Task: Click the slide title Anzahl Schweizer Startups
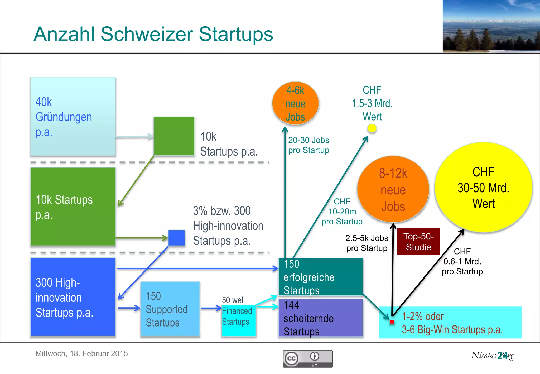click(x=153, y=34)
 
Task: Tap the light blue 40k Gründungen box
click(x=73, y=116)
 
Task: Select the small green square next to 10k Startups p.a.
click(x=174, y=136)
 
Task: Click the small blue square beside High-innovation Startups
click(x=176, y=238)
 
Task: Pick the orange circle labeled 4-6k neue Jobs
click(x=295, y=103)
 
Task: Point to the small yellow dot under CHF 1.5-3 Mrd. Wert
click(x=372, y=128)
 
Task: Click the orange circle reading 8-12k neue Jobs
click(x=393, y=189)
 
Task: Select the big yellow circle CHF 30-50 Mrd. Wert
click(x=483, y=188)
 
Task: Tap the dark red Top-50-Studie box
click(x=418, y=242)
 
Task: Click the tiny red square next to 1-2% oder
click(x=392, y=322)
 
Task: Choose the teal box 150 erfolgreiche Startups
click(x=321, y=277)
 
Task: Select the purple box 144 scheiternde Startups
click(x=321, y=318)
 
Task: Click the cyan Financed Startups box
click(x=238, y=320)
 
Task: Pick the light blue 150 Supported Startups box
click(x=170, y=309)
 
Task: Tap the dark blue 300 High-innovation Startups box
click(x=73, y=297)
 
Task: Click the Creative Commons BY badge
click(x=308, y=359)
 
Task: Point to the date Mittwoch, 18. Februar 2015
click(x=81, y=353)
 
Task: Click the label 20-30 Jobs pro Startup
click(x=308, y=145)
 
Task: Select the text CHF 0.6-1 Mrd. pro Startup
click(x=462, y=261)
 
